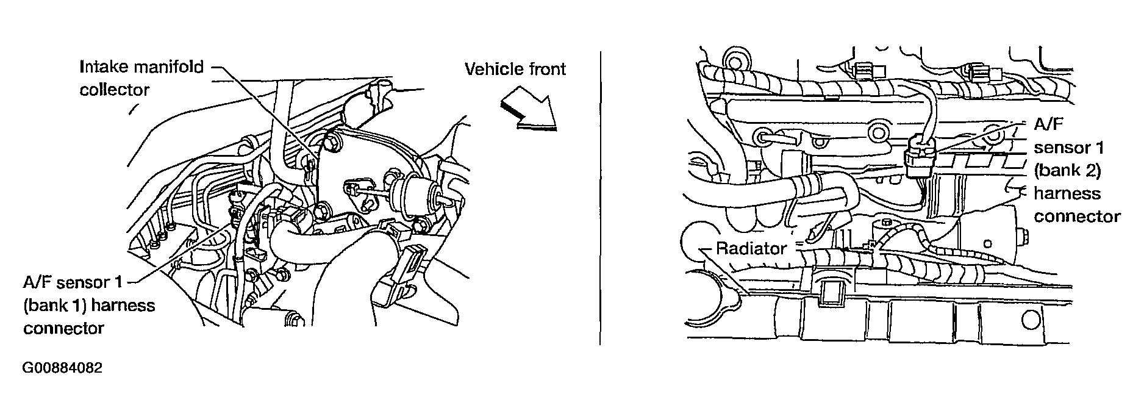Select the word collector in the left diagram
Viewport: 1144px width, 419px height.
pos(114,90)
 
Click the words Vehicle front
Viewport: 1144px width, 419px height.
pos(515,69)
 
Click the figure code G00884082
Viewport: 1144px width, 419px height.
pos(62,368)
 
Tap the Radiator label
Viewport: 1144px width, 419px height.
pos(751,248)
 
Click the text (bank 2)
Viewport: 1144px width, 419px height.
pos(1068,170)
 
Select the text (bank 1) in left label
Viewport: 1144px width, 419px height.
pos(55,305)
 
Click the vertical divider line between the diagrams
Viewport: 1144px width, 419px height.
pos(600,198)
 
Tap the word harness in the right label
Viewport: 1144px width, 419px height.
pos(1067,193)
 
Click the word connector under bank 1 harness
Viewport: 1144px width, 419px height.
pos(63,328)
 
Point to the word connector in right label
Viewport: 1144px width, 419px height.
pos(1077,217)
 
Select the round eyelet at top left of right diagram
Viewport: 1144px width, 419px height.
pos(735,60)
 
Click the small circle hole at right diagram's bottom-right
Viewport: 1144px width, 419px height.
pos(1030,319)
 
